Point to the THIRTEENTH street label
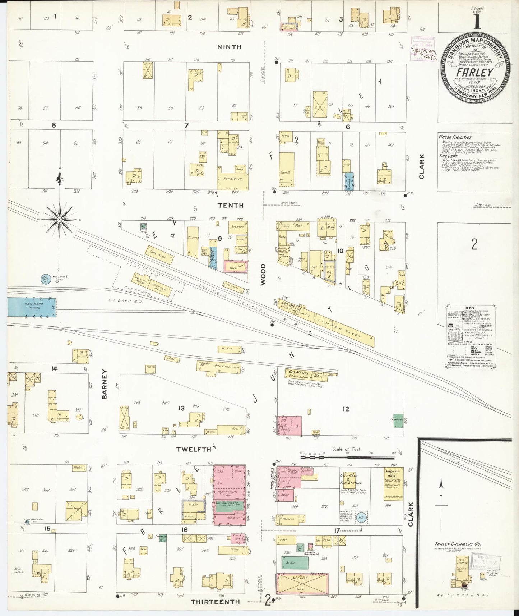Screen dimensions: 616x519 [x=215, y=602]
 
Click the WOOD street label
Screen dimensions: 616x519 [x=263, y=275]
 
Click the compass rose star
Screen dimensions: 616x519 [x=60, y=219]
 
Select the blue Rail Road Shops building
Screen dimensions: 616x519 [x=32, y=308]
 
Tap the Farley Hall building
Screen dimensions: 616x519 [x=393, y=483]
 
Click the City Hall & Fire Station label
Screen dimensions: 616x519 [x=351, y=479]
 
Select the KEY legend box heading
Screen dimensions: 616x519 [x=470, y=308]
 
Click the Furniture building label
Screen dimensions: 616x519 [x=233, y=179]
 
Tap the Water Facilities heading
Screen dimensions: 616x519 [x=455, y=137]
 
